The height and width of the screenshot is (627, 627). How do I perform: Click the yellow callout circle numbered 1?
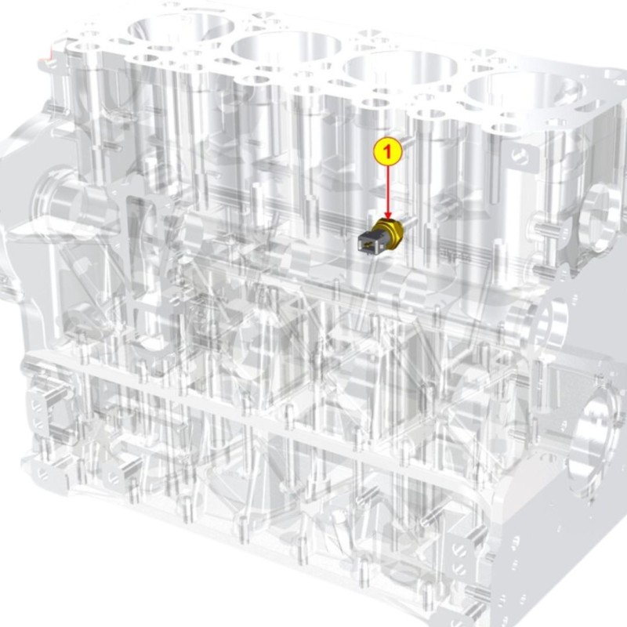coord(387,151)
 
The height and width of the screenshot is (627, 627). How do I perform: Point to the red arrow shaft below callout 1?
coord(387,189)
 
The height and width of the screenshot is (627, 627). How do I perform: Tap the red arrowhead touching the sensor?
coord(387,216)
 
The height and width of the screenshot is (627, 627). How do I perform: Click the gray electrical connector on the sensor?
coord(368,243)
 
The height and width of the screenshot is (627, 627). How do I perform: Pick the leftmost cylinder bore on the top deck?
coord(181,29)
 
